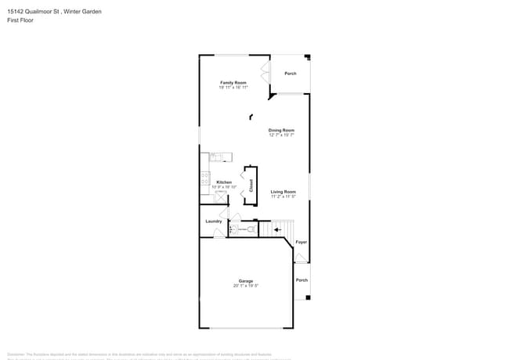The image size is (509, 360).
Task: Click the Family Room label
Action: [x=233, y=82]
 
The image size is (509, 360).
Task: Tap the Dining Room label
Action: [x=281, y=130]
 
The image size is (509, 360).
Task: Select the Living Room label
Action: [x=283, y=191]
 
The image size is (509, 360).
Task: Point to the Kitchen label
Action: [x=224, y=182]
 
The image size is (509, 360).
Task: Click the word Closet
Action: [x=251, y=185]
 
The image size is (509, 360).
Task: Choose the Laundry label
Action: [x=214, y=221]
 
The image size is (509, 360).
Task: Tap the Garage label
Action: [x=246, y=281]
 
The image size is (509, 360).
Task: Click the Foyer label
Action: [x=301, y=243]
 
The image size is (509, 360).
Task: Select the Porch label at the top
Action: [x=291, y=74]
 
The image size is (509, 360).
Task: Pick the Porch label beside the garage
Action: [x=301, y=279]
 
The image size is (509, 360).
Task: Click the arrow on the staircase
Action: [x=277, y=229]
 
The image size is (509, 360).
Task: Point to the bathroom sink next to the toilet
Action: [x=233, y=229]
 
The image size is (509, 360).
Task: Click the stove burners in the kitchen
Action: [x=205, y=179]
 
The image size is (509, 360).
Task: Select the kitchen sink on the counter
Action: [x=215, y=157]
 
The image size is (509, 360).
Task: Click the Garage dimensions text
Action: [x=246, y=286]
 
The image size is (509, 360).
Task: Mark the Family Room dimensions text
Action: [x=233, y=87]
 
